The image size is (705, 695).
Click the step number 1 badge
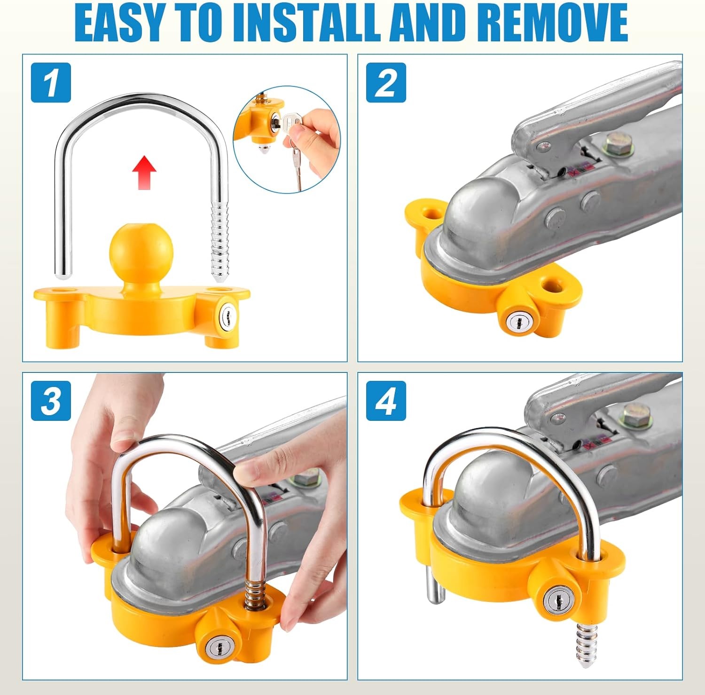pos(51,82)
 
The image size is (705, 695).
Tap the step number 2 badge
pos(386,82)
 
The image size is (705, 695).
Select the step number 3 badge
pos(51,401)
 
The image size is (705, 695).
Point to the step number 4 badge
pos(386,401)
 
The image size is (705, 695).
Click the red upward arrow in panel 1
pos(144,173)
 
